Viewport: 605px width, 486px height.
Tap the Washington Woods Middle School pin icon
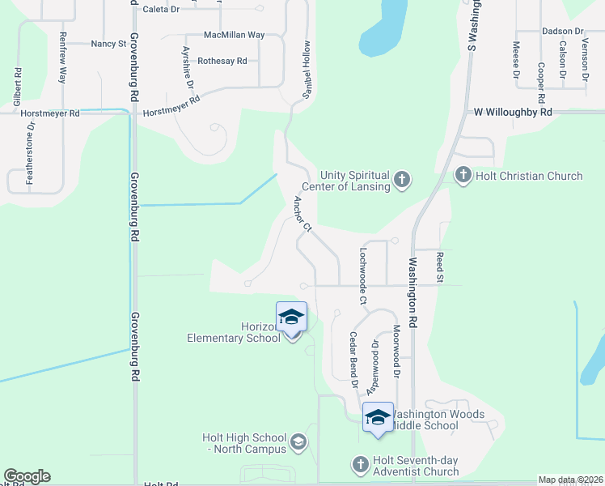(378, 418)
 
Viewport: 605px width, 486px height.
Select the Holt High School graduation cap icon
(298, 441)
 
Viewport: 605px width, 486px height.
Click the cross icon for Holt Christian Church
(463, 175)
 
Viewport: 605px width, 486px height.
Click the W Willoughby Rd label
(513, 113)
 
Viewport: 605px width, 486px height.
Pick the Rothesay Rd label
(222, 61)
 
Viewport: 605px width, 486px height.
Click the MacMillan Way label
(234, 36)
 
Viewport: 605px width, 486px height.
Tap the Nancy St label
(108, 44)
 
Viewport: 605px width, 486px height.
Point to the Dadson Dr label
(563, 32)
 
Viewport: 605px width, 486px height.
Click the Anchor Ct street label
(302, 214)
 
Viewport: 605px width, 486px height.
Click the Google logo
(27, 476)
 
